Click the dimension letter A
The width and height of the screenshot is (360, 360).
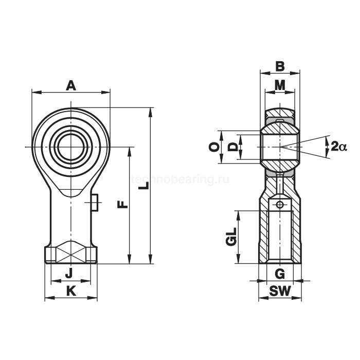(71, 85)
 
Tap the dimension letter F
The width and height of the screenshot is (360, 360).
(122, 204)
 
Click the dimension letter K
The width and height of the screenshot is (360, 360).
(71, 291)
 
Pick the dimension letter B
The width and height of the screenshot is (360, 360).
(280, 66)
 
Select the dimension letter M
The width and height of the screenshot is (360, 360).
(280, 85)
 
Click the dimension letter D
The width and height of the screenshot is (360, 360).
(233, 147)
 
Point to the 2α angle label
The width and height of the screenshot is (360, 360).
(339, 147)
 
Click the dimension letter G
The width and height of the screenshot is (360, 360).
(280, 273)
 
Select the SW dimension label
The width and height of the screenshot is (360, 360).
(280, 292)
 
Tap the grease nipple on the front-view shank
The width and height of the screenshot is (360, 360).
(95, 203)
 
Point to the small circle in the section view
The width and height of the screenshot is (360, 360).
(280, 205)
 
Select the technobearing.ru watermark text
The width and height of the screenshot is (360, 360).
(180, 179)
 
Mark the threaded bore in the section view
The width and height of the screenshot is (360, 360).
(280, 237)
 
